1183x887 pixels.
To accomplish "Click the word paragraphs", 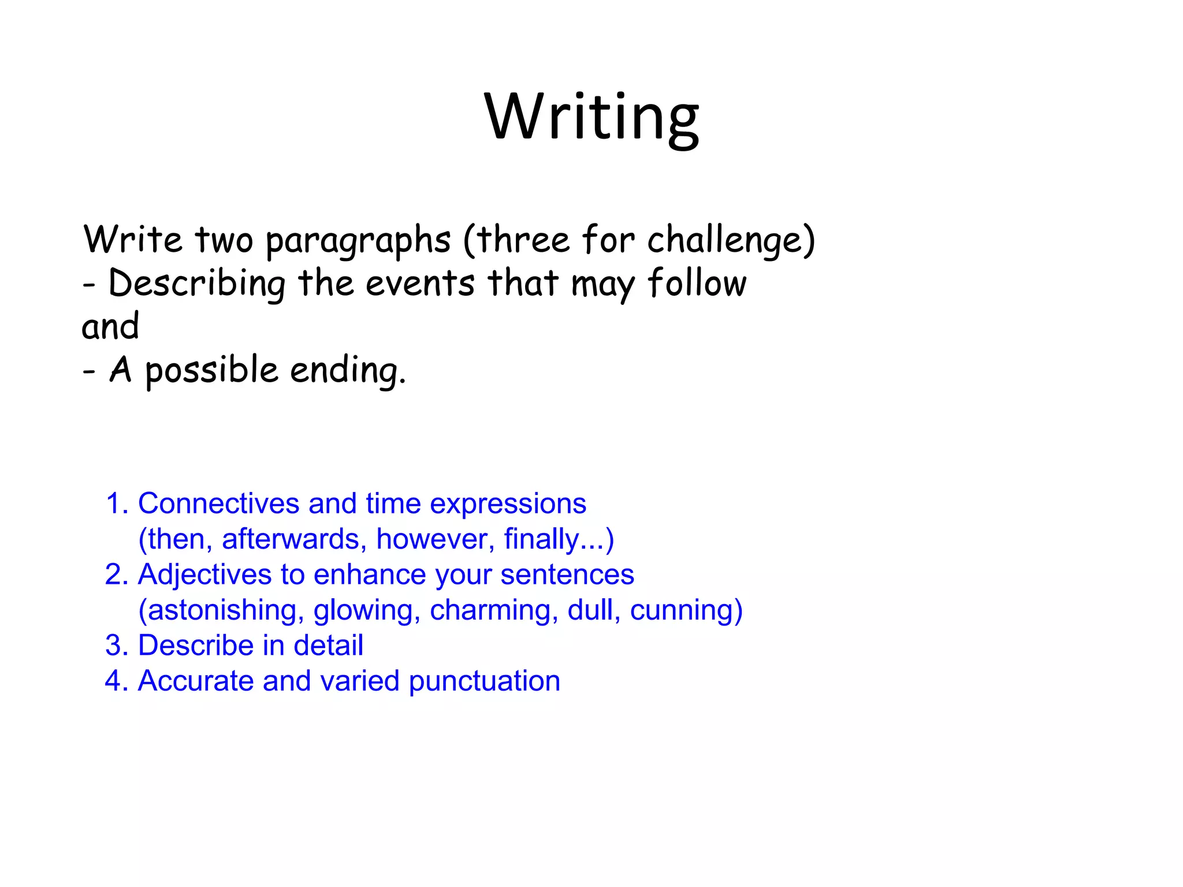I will pyautogui.click(x=358, y=241).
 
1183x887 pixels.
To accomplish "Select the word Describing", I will pyautogui.click(x=197, y=284).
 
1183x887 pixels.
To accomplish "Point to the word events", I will pyautogui.click(x=420, y=284).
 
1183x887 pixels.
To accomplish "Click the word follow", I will pyautogui.click(x=697, y=284).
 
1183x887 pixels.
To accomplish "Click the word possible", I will pyautogui.click(x=211, y=370).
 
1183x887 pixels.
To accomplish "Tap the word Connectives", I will pyautogui.click(x=218, y=504).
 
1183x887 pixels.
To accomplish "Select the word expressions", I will pyautogui.click(x=508, y=504).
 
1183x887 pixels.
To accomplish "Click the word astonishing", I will pyautogui.click(x=226, y=610).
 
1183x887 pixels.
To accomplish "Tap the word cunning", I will pyautogui.click(x=682, y=610).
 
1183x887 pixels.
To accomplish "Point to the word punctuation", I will pyautogui.click(x=484, y=681).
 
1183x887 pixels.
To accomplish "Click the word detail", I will pyautogui.click(x=328, y=646).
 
